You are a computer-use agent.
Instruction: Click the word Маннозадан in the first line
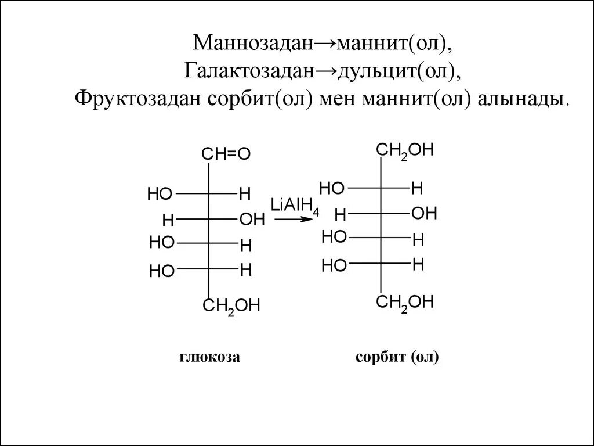[x=253, y=43]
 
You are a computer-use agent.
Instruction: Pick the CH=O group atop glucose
[x=226, y=154]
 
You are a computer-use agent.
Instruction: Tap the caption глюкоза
[x=209, y=357]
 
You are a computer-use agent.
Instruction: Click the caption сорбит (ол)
[x=397, y=357]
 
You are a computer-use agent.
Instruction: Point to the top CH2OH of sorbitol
[x=405, y=150]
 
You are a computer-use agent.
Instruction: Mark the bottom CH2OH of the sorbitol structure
[x=405, y=303]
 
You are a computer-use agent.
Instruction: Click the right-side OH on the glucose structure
[x=252, y=220]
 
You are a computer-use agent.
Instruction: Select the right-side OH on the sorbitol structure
[x=424, y=213]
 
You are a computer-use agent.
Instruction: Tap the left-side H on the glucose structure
[x=168, y=220]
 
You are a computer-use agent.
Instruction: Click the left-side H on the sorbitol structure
[x=340, y=215]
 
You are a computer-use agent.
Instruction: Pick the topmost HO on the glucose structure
[x=160, y=194]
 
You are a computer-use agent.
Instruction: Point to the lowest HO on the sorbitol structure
[x=334, y=266]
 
